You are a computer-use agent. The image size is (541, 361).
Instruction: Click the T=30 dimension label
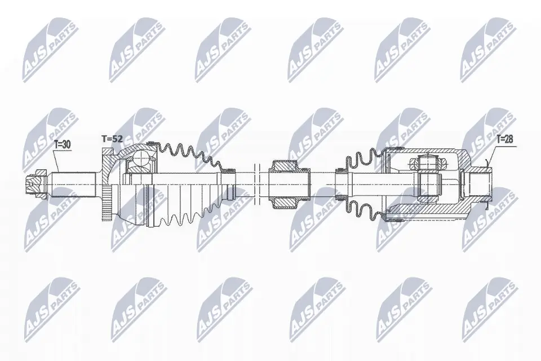(x=63, y=145)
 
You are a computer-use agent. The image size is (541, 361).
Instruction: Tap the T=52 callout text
(x=112, y=138)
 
